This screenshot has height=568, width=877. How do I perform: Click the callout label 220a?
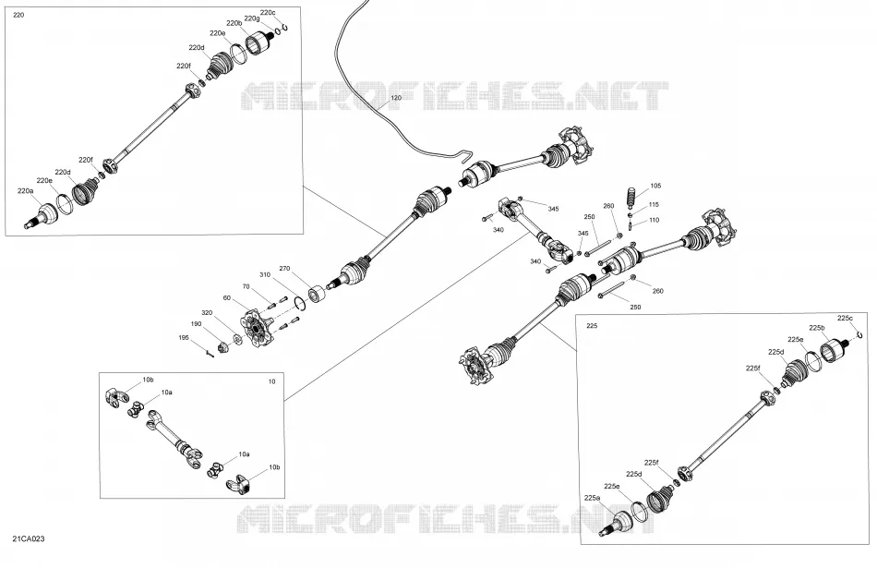pyautogui.click(x=25, y=191)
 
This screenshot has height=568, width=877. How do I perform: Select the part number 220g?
pyautogui.click(x=252, y=18)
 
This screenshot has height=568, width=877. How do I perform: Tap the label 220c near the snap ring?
pyautogui.click(x=268, y=12)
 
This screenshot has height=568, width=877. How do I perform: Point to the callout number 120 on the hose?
pyautogui.click(x=396, y=98)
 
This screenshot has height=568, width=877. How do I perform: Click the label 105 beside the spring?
pyautogui.click(x=655, y=186)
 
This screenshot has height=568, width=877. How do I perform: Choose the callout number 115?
pyautogui.click(x=654, y=205)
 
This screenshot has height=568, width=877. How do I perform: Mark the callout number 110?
pyautogui.click(x=654, y=220)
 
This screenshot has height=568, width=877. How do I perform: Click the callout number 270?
pyautogui.click(x=284, y=269)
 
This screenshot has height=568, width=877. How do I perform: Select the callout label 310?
pyautogui.click(x=265, y=275)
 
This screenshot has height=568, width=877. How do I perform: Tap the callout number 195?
pyautogui.click(x=184, y=337)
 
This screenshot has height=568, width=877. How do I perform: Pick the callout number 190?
pyautogui.click(x=196, y=324)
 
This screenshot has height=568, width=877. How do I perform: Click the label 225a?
pyautogui.click(x=592, y=498)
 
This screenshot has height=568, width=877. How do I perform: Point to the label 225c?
pyautogui.click(x=845, y=318)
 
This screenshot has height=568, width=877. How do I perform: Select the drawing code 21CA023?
pyautogui.click(x=29, y=538)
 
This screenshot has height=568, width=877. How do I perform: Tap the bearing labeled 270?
pyautogui.click(x=318, y=295)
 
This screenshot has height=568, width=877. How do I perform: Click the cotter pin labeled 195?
pyautogui.click(x=210, y=353)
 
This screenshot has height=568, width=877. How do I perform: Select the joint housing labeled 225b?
pyautogui.click(x=834, y=351)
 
